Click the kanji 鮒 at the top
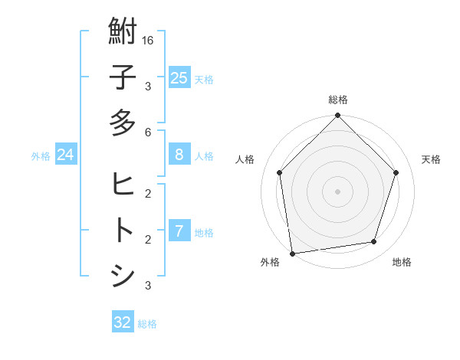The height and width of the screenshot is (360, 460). point(123,32)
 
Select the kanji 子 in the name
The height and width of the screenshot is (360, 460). point(123,77)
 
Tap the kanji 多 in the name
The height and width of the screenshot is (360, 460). point(123,123)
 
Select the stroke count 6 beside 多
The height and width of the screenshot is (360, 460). point(148,133)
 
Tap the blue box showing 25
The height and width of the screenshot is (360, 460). point(179,78)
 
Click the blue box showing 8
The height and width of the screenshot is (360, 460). point(179,155)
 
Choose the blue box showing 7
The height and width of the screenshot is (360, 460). point(179,231)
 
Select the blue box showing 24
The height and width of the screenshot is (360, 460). point(65,155)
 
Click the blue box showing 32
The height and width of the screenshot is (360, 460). point(123,322)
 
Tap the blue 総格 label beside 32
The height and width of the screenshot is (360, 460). point(147,324)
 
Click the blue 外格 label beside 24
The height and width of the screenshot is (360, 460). point(41,156)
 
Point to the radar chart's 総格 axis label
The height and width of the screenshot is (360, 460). point(337,100)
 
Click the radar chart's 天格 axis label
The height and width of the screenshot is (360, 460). point(431,159)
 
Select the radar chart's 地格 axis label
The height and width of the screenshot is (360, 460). point(402,263)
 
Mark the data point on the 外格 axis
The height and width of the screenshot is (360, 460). point(292,253)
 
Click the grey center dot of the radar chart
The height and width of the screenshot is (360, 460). point(337,191)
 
